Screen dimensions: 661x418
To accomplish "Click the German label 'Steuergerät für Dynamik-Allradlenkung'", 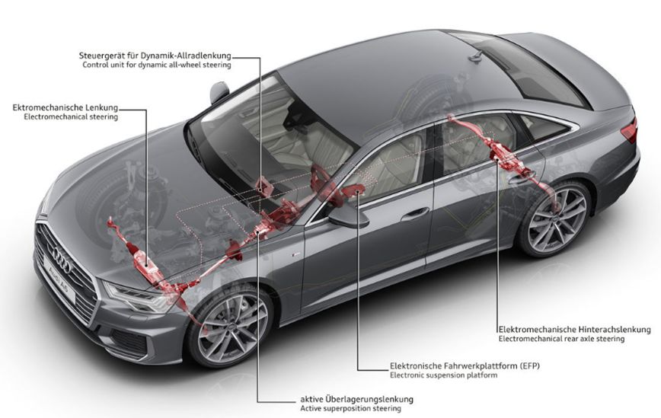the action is point(155,56).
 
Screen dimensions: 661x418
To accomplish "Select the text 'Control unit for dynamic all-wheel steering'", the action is point(155,65).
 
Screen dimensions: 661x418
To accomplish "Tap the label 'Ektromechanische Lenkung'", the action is point(65,108).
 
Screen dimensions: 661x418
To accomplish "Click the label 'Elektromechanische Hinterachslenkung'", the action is point(574,329).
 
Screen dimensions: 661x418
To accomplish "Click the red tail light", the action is point(629,130).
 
